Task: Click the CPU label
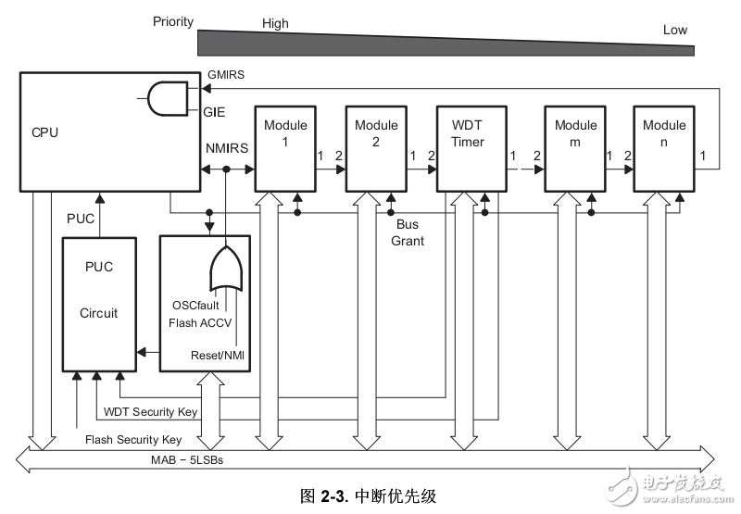pos(44,132)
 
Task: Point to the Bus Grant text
pos(407,232)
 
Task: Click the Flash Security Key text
pos(133,440)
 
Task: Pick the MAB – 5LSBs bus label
pos(190,458)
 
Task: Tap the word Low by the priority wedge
pos(674,30)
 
